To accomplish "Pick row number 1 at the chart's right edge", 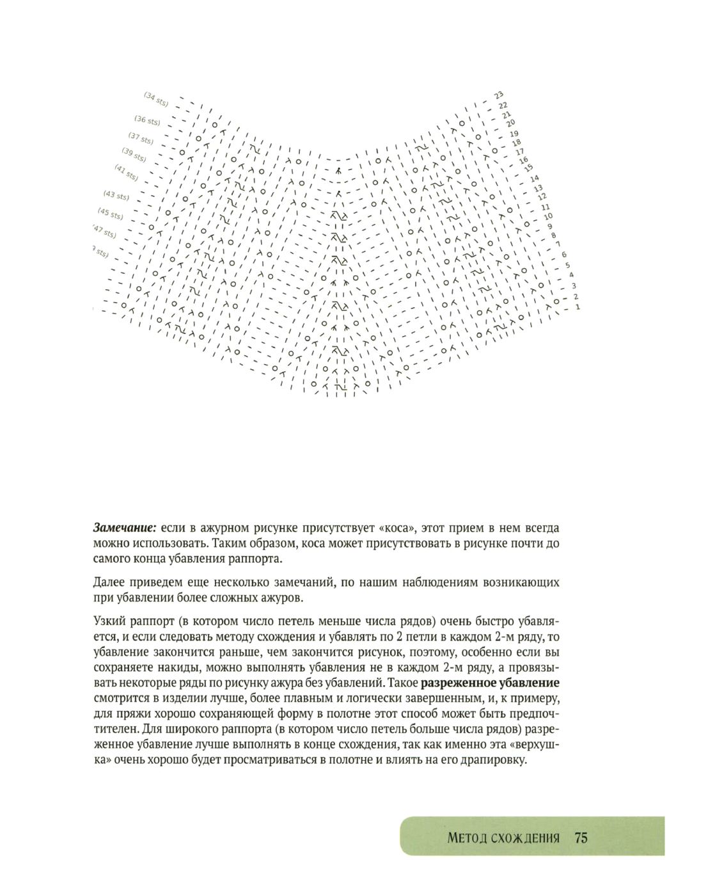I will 577,308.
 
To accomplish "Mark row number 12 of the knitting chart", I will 541,196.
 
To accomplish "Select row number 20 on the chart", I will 510,124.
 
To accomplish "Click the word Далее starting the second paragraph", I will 110,583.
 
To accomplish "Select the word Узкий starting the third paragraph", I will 110,621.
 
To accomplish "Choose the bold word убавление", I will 528,683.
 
